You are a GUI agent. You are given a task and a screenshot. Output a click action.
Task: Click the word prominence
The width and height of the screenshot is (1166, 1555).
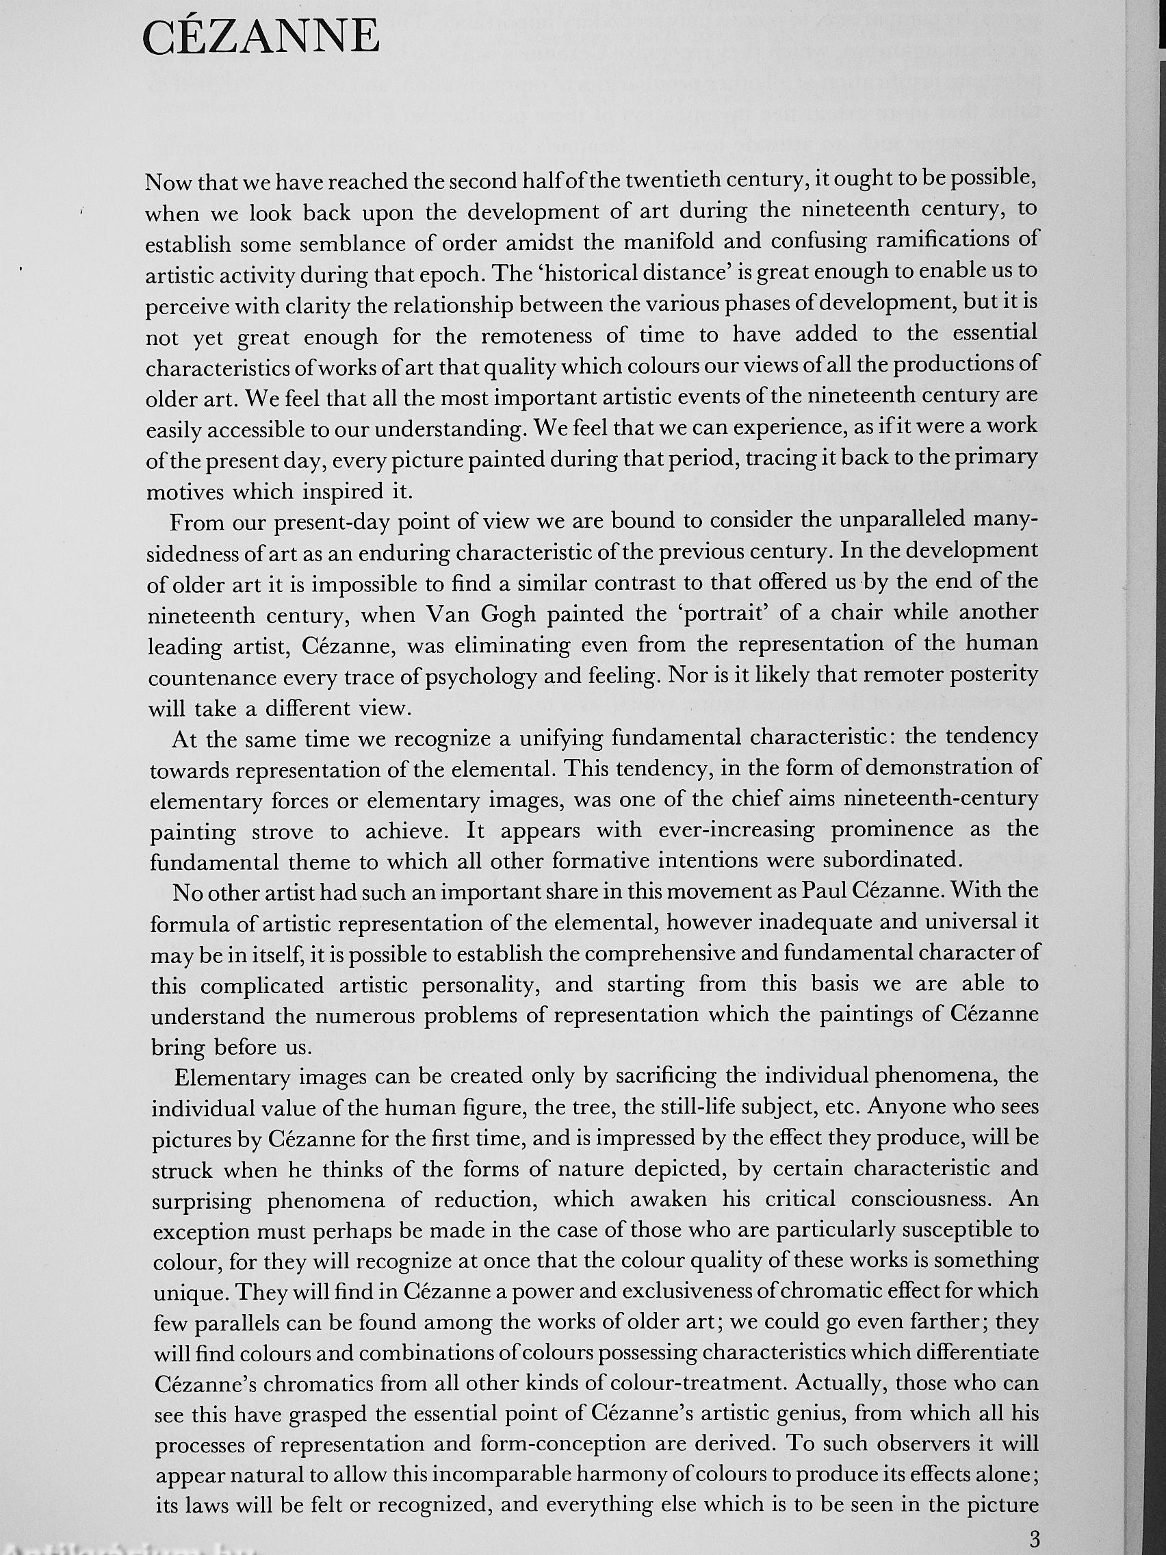coord(892,830)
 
